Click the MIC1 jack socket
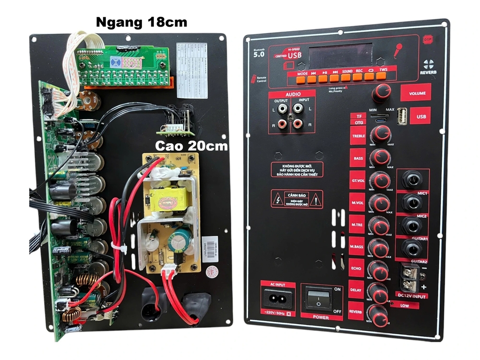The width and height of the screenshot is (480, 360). tap(411, 180)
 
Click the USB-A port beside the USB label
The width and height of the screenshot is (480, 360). tap(403, 116)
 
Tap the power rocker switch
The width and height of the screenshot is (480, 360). tap(318, 299)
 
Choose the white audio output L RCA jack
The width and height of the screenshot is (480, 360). tap(282, 109)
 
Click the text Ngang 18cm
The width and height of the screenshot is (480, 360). tap(141, 22)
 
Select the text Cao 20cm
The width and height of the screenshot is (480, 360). tap(191, 146)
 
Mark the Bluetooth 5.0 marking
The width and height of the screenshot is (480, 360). tap(259, 53)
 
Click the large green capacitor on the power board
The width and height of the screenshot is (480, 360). tap(182, 237)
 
